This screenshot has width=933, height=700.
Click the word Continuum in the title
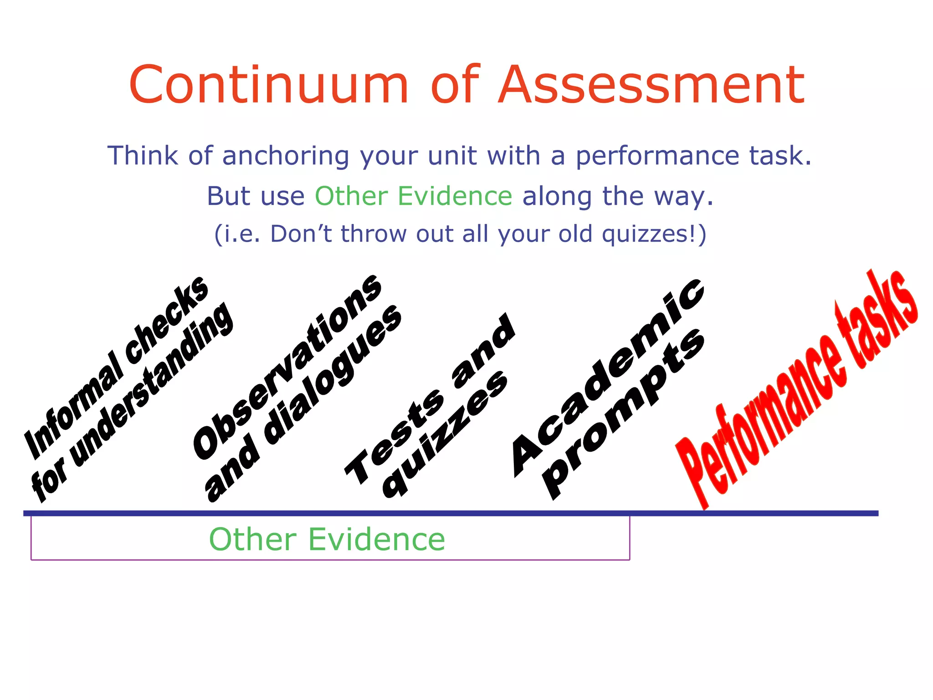pos(269,85)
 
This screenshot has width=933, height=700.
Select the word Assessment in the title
pos(651,85)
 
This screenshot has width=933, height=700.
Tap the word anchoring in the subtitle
pos(286,156)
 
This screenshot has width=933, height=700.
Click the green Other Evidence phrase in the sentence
pos(414,196)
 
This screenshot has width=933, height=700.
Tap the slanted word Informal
pos(73,406)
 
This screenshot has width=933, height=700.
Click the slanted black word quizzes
pos(444,435)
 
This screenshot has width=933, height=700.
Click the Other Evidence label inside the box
pos(327,539)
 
